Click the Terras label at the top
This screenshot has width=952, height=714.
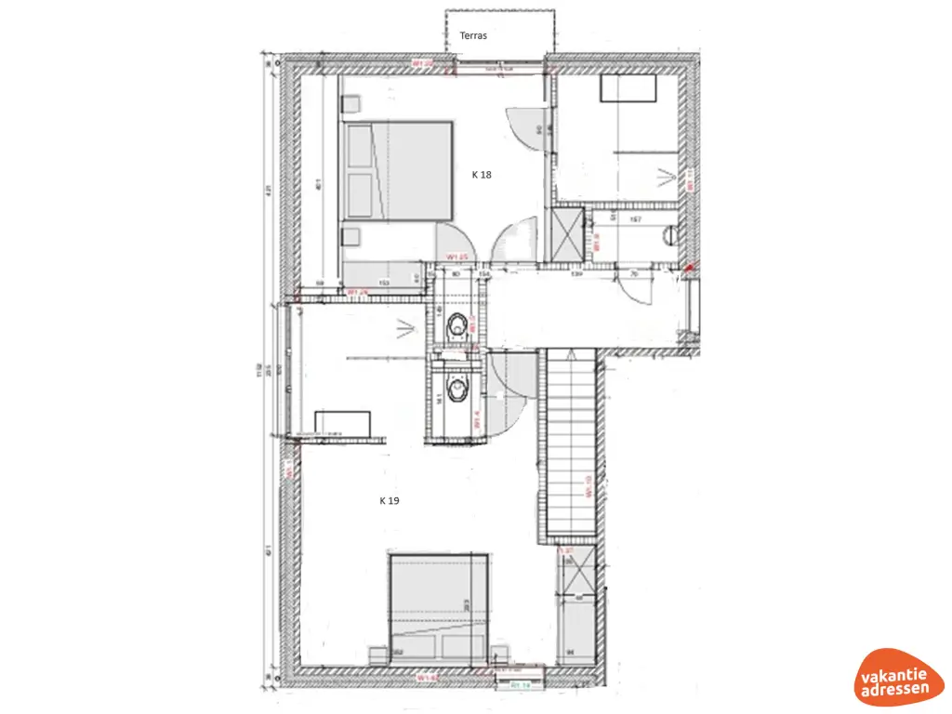coord(473,35)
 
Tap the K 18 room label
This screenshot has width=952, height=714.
coord(481,174)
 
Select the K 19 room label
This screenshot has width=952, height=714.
coord(389,500)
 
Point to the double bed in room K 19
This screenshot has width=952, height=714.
coord(439,605)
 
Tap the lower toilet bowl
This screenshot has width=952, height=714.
coord(456,390)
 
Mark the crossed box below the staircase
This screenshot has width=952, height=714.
coord(576,575)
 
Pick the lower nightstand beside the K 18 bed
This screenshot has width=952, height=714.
coord(352,234)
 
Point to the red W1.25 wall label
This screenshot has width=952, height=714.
coord(456,257)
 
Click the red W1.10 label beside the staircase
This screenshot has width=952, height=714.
coord(588,487)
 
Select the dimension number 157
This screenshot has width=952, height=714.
coord(636,219)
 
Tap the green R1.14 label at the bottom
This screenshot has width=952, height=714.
coord(521,686)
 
